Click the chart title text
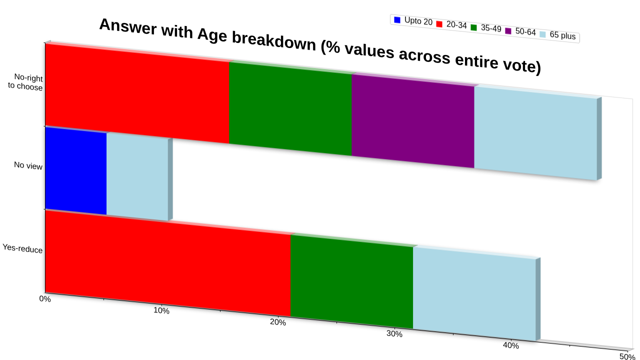coord(320,45)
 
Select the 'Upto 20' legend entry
coord(413,20)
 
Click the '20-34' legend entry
coord(451,24)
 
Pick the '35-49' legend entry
coord(486,28)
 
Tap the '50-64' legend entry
coord(520,31)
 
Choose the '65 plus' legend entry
coord(557,35)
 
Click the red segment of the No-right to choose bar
coord(137,93)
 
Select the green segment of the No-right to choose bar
coord(290,108)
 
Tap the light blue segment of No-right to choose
coord(535,133)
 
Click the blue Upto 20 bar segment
coord(75,170)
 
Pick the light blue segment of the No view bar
coord(137,177)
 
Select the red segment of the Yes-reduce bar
coord(168,263)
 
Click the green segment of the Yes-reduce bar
coord(351,281)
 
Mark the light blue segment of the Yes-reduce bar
coord(474,294)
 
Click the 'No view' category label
coord(28,165)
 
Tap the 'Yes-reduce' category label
coord(22,248)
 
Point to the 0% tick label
coord(45,299)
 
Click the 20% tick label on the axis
coord(278,322)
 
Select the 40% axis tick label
coord(511,345)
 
